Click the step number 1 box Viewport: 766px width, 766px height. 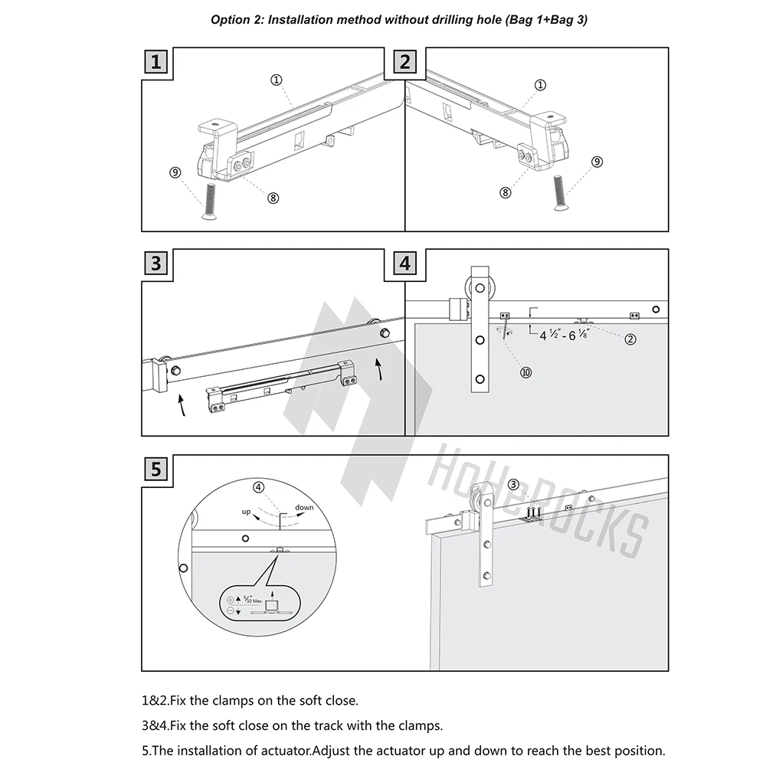156,62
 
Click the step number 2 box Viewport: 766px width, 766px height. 405,62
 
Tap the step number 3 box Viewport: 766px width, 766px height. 156,264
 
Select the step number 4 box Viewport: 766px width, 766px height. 405,264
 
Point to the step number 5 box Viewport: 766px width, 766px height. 156,469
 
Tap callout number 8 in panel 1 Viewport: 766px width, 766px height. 273,198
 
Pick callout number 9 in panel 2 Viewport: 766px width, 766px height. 597,162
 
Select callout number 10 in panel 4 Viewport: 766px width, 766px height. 525,372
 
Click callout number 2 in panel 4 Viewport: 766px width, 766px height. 630,339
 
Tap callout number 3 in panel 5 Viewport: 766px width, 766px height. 513,483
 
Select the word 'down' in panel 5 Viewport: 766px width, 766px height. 304,508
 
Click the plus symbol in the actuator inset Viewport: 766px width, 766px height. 230,600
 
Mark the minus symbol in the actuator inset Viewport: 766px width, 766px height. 230,611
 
